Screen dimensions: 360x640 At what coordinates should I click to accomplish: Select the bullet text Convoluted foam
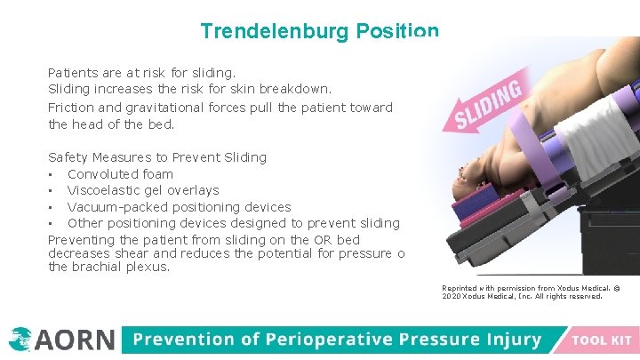tap(120, 174)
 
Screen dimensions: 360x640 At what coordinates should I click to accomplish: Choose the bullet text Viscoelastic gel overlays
tap(143, 190)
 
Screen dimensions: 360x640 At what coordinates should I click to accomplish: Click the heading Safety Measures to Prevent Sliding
tap(156, 157)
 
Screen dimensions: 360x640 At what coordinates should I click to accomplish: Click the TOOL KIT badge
tap(602, 340)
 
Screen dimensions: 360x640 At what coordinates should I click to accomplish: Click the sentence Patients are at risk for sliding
tap(141, 72)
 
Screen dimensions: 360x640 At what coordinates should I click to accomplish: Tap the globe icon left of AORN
tap(20, 340)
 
